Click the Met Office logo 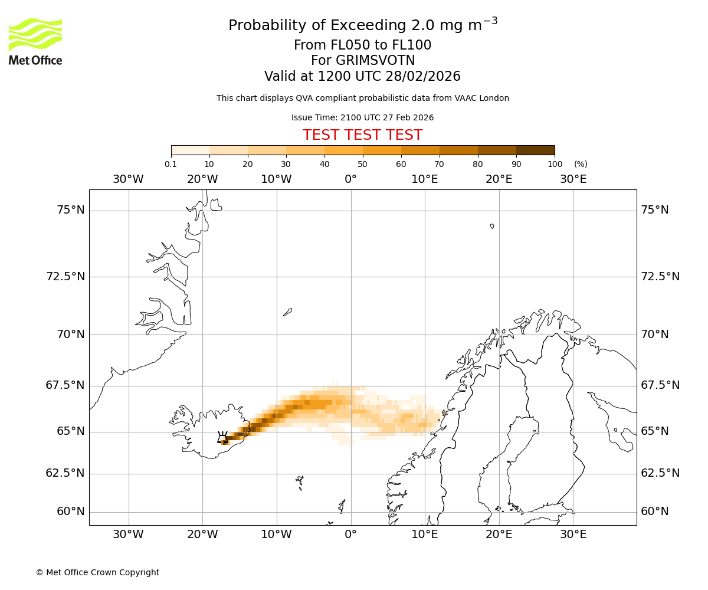35,41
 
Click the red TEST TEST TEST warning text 362,135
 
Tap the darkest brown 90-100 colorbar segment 535,150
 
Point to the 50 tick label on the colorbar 362,164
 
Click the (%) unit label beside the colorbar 581,164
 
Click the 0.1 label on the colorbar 171,164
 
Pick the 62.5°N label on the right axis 660,473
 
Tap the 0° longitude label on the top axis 350,179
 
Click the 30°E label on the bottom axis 573,535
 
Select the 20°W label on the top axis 202,179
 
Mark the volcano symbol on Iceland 222,438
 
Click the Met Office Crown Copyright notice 97,572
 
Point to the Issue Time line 362,117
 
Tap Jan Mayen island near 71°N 287,312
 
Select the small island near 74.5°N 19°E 492,226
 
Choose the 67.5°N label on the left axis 65,385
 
